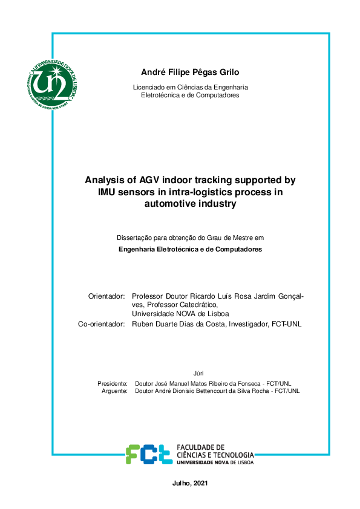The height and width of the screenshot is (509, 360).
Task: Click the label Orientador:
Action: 106,296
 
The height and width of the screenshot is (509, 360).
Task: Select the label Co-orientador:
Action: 101,324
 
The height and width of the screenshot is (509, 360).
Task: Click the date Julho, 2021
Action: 190,484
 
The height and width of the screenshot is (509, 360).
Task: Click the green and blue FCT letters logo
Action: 148,454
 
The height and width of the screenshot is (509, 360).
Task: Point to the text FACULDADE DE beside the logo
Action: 200,447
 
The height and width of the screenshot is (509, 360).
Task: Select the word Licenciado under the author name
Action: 148,87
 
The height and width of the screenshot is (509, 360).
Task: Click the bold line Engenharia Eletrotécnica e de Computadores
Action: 190,250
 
